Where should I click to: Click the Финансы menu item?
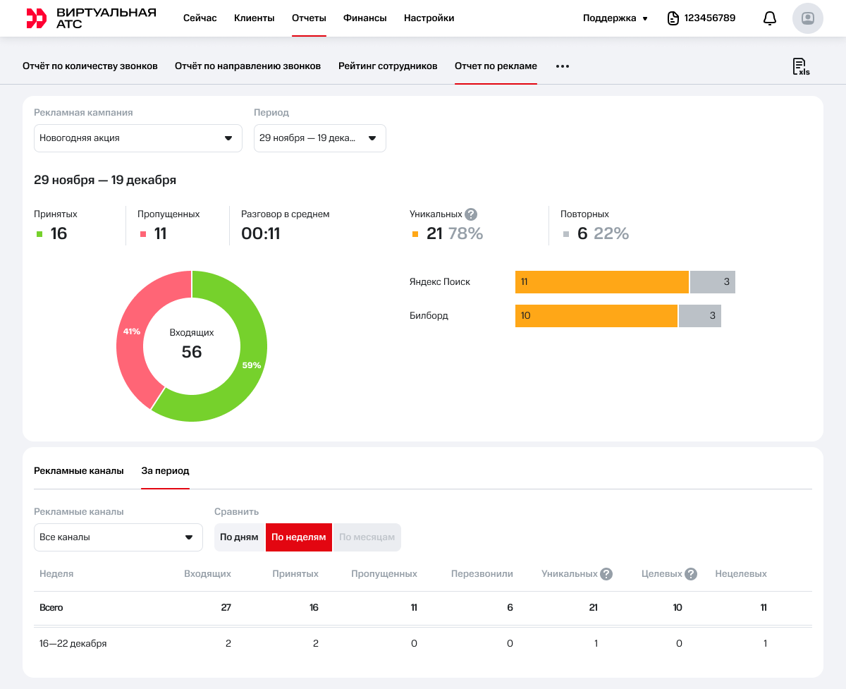(x=364, y=18)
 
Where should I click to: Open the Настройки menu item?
(x=429, y=18)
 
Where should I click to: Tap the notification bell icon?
(x=770, y=18)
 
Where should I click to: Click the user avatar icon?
(x=808, y=18)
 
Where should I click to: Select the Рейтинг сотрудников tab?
(x=388, y=66)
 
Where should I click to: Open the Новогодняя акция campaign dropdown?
(x=138, y=138)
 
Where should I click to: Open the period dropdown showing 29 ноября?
(x=319, y=138)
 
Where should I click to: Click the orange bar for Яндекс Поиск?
(x=601, y=282)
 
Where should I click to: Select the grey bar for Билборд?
(x=699, y=316)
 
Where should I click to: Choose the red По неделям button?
(x=299, y=537)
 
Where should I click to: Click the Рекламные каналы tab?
(x=79, y=471)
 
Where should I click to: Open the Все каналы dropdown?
(x=118, y=537)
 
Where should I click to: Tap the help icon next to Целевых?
(x=691, y=574)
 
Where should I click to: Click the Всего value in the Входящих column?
(x=226, y=608)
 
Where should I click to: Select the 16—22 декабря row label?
(x=73, y=644)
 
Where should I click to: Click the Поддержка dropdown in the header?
(x=615, y=18)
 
